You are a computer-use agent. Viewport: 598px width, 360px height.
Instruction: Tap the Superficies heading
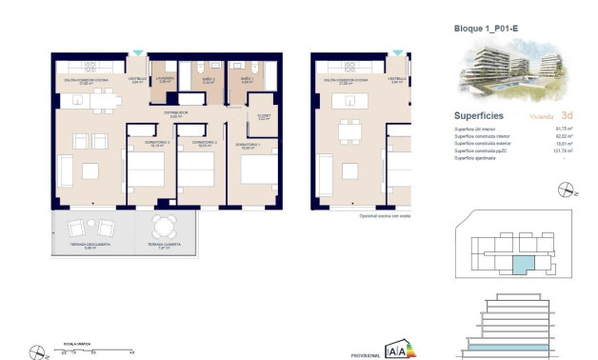[x=479, y=113]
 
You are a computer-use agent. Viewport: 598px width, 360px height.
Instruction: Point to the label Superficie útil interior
[x=476, y=127]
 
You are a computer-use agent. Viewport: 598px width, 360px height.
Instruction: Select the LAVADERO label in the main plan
[x=165, y=79]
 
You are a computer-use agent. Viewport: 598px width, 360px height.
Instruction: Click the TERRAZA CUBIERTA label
[x=164, y=245]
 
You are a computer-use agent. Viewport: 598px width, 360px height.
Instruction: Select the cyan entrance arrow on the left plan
[x=140, y=53]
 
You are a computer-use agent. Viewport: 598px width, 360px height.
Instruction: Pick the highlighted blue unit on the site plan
[x=524, y=260]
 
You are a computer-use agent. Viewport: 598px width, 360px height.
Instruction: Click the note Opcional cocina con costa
[x=384, y=215]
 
